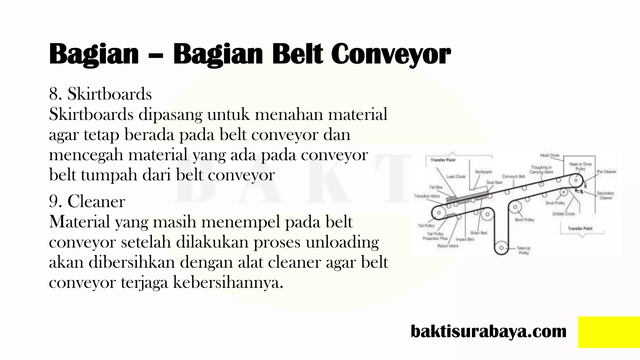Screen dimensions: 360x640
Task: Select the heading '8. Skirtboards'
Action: coord(100,94)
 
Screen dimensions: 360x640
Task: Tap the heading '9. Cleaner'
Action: coord(87,202)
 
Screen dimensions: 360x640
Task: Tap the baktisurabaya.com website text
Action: coord(488,331)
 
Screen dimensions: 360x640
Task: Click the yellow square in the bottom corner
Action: coord(609,332)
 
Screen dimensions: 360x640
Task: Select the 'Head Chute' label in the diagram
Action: coord(549,155)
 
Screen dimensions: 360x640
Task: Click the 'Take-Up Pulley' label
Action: coord(523,250)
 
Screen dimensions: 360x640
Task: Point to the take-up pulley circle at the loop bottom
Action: coord(501,248)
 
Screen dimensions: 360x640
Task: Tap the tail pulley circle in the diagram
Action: coord(439,213)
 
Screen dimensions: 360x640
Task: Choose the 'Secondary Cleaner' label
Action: coord(605,195)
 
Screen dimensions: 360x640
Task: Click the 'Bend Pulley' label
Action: coord(524,220)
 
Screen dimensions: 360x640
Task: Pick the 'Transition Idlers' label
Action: coord(427,196)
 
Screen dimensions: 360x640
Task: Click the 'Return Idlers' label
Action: coord(447,246)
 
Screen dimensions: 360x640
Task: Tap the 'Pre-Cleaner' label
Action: coord(606,172)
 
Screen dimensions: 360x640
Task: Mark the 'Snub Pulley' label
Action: coord(555,203)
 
